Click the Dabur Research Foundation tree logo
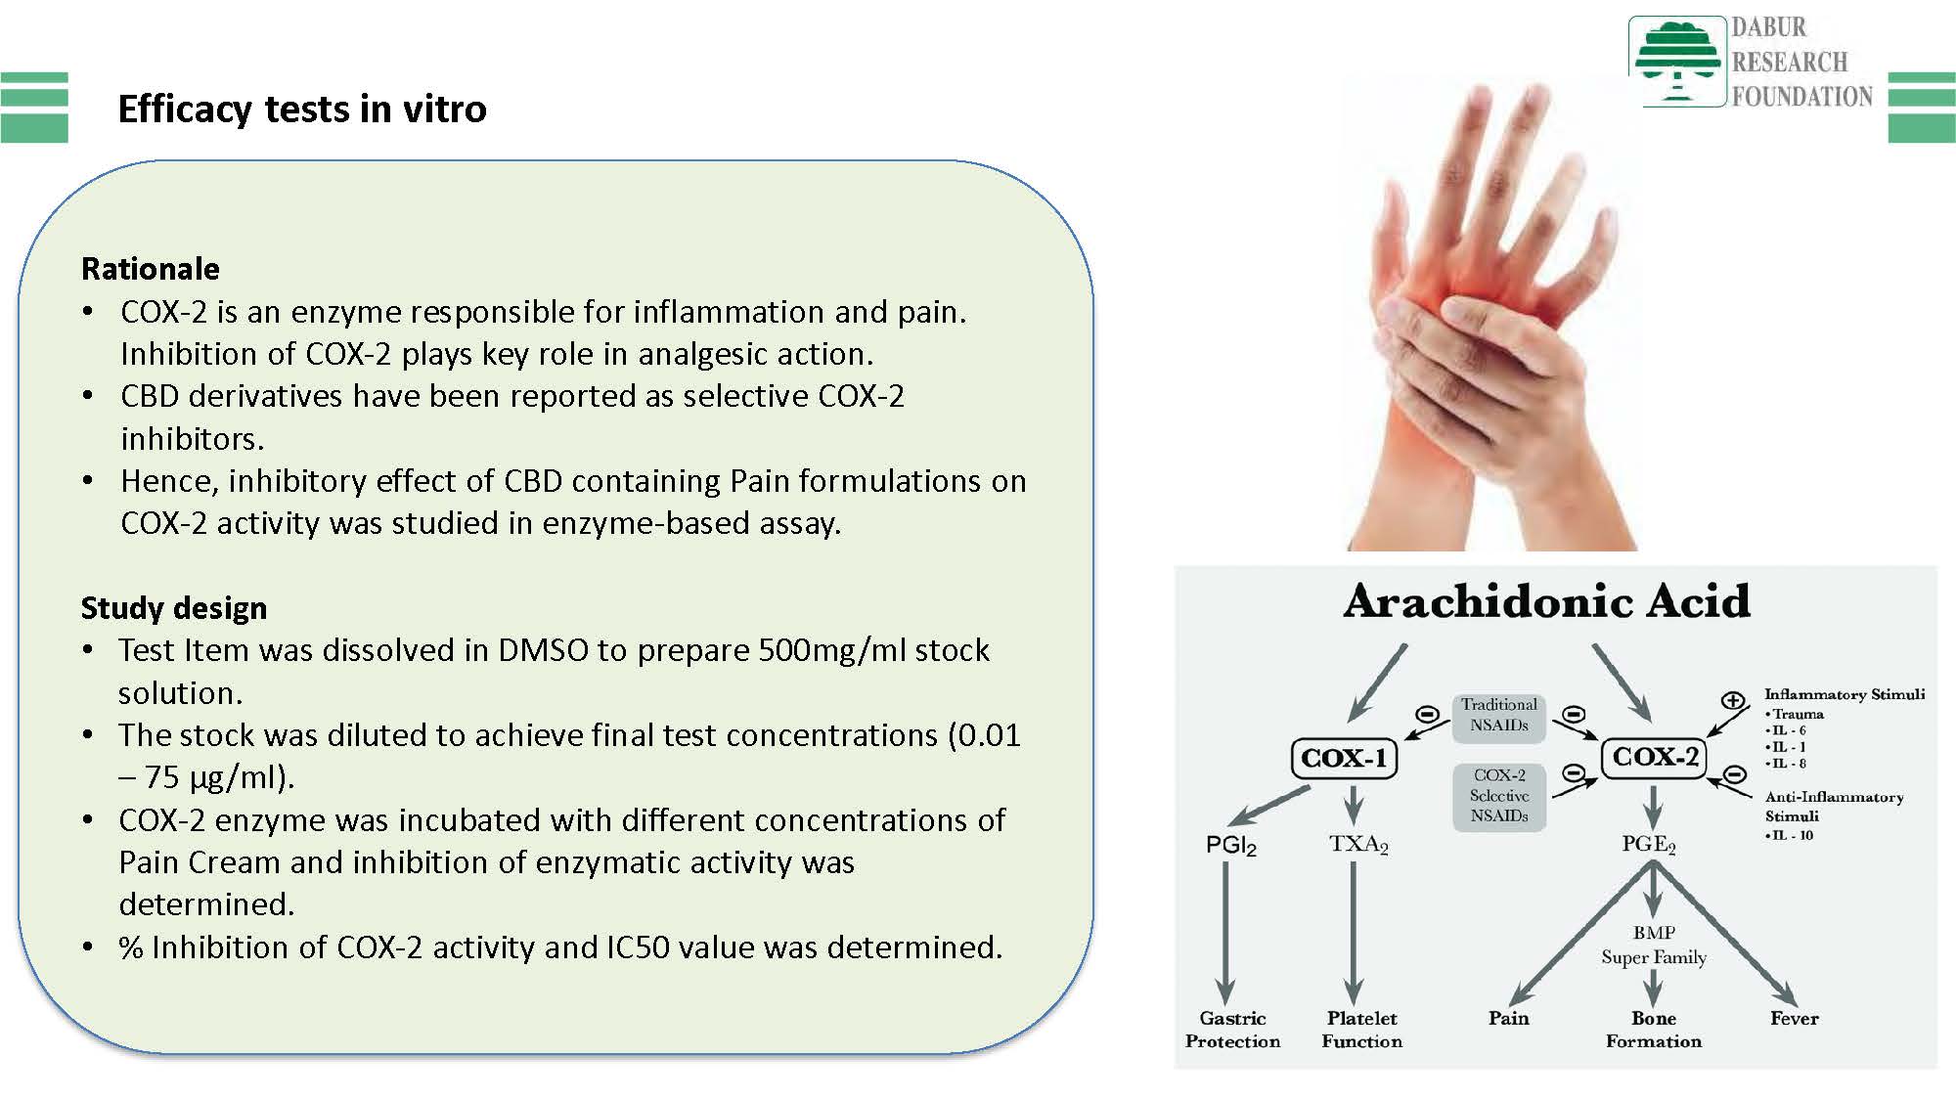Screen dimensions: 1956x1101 click(1676, 61)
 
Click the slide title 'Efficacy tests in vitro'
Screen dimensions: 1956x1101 click(302, 109)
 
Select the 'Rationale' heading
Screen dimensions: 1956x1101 click(151, 268)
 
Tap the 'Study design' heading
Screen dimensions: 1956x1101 click(174, 608)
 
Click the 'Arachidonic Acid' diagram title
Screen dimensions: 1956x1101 click(1546, 600)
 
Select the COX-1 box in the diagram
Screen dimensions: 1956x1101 click(1345, 758)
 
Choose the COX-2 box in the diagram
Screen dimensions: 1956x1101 click(1654, 756)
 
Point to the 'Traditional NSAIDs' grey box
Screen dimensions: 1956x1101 click(1498, 715)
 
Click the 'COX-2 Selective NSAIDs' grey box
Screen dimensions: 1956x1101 click(1498, 796)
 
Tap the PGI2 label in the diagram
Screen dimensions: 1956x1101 click(1231, 846)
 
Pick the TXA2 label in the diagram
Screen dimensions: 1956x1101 click(1358, 844)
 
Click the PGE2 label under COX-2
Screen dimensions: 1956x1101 click(1649, 844)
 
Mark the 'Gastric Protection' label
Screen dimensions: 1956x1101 click(1232, 1030)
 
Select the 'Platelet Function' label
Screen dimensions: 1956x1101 click(1362, 1030)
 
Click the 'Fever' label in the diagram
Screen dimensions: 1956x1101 click(1795, 1018)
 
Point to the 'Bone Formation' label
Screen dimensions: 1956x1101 click(1654, 1030)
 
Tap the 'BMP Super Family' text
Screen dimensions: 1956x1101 click(1654, 946)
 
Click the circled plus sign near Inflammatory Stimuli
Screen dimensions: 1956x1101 click(1732, 700)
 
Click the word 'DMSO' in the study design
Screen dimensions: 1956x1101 click(544, 650)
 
